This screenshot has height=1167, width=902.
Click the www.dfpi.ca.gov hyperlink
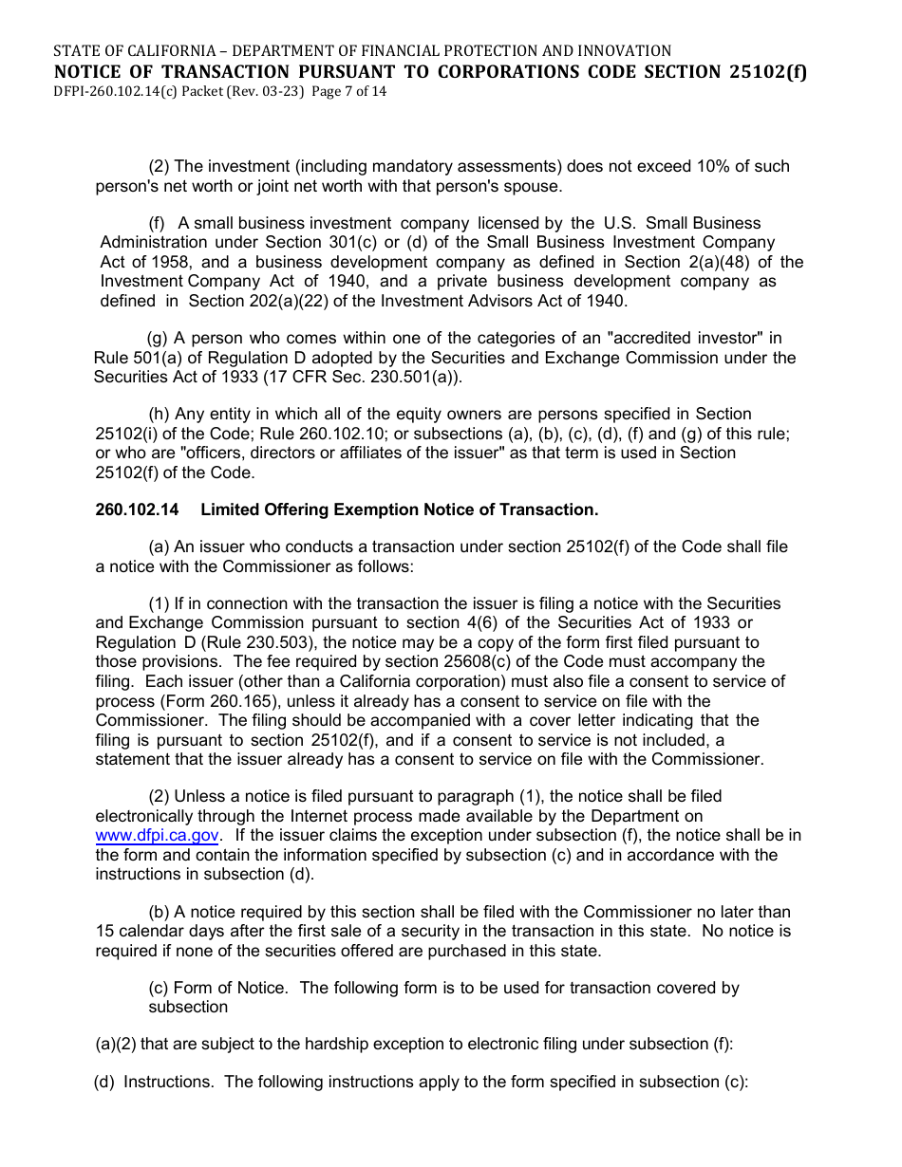pos(158,836)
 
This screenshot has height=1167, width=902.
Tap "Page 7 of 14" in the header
pos(348,92)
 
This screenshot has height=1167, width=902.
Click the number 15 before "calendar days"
pos(104,932)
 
